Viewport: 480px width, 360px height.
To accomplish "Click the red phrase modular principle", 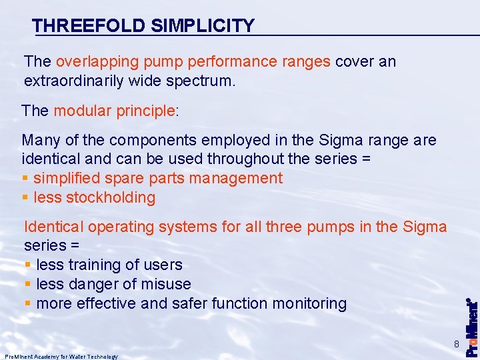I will pos(114,111).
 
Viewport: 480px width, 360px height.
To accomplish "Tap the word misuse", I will pos(166,284).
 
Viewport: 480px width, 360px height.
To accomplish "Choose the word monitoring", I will pos(313,303).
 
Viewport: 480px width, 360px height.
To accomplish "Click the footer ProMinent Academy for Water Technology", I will pos(61,357).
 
